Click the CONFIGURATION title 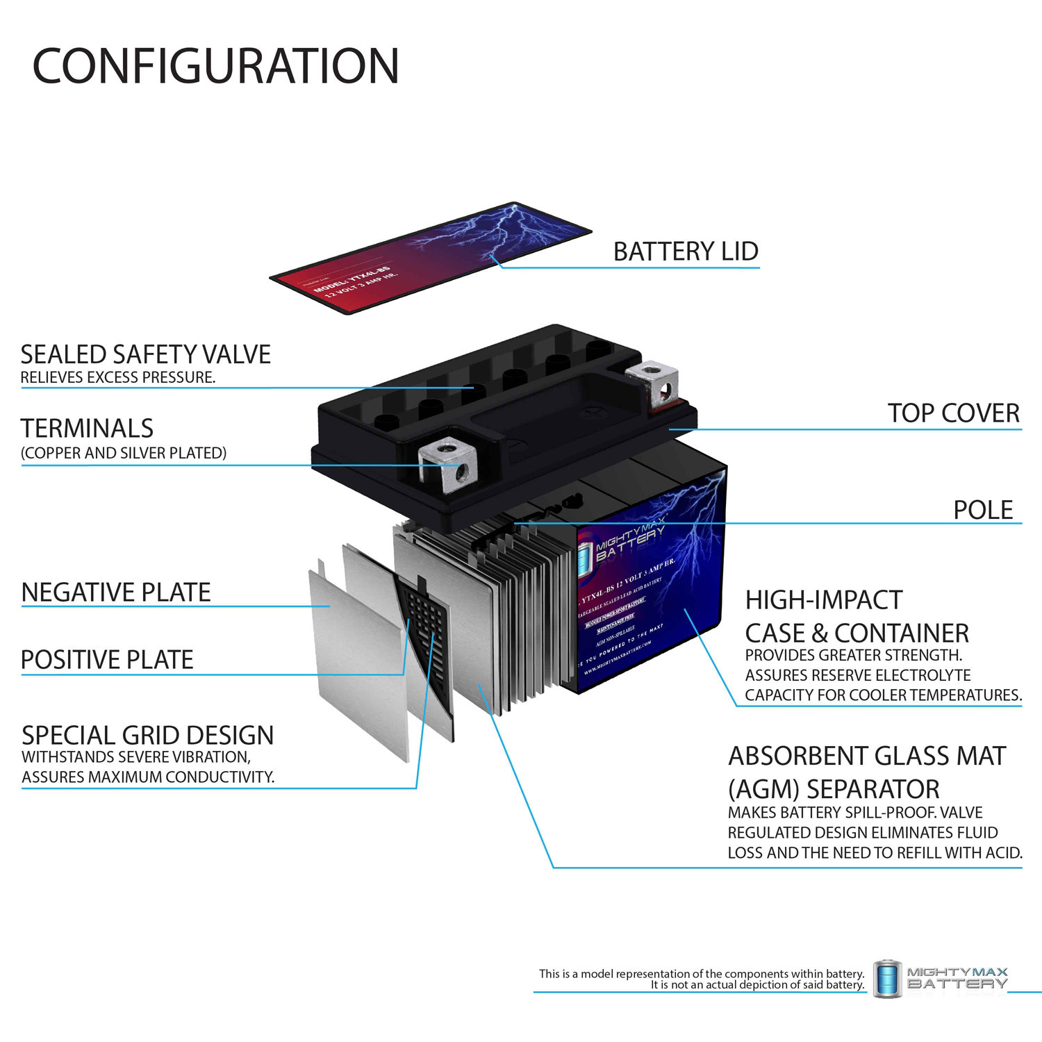pos(215,66)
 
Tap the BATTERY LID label pos(685,251)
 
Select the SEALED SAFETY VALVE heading pos(145,354)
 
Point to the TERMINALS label pos(87,428)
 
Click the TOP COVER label pos(953,413)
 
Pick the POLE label pos(982,510)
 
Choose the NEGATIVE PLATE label pos(116,593)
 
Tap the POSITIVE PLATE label pos(107,660)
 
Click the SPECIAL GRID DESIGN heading pos(147,735)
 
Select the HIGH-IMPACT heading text pos(823,600)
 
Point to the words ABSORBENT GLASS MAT pos(867,756)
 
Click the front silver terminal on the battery pos(449,463)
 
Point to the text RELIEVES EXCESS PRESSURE pos(118,378)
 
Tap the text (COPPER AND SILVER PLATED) pos(124,453)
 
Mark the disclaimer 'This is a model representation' pos(702,974)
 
